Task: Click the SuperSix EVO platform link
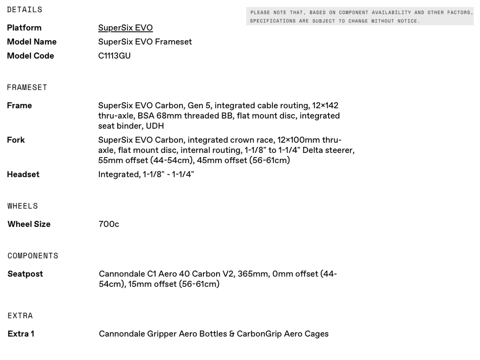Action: [125, 28]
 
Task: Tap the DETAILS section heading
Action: [24, 9]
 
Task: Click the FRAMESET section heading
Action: [27, 87]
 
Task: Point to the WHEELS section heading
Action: [22, 206]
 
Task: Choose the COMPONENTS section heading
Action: [33, 256]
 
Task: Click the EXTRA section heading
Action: [20, 315]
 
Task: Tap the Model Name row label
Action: [31, 42]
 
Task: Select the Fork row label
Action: [16, 140]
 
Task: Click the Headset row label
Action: [23, 174]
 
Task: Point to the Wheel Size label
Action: [29, 224]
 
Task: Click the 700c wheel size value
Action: [109, 224]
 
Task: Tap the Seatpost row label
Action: [25, 274]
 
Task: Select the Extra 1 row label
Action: [21, 334]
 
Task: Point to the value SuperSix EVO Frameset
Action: [145, 42]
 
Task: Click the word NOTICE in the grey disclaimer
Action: [406, 21]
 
